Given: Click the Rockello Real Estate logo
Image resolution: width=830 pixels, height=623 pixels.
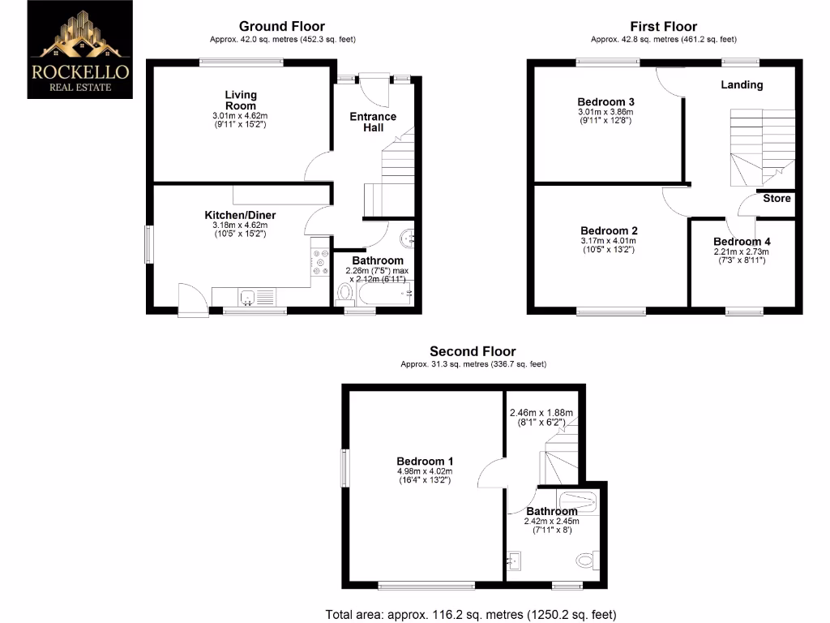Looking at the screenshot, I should click(79, 49).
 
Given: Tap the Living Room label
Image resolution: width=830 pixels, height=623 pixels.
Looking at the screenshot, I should click(240, 101).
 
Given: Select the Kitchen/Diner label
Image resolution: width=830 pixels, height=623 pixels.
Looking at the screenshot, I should click(240, 215).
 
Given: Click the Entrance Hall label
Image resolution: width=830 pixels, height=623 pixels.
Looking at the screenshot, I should click(373, 122).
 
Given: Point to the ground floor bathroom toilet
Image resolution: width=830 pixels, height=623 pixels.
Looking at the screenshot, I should click(344, 292).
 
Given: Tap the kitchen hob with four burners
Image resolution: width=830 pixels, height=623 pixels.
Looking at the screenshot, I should click(319, 260).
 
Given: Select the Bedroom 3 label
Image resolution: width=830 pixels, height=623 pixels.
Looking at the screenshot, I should click(605, 101).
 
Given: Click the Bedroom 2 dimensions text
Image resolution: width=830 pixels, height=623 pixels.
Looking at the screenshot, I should click(607, 245).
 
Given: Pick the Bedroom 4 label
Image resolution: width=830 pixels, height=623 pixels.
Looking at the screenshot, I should click(742, 242).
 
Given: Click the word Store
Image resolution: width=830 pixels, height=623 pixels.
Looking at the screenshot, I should click(777, 199).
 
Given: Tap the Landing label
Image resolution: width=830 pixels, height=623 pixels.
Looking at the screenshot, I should click(742, 84).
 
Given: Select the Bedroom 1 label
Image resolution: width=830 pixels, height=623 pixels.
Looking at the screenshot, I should click(425, 462).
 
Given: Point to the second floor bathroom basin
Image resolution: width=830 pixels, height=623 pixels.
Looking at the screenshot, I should click(516, 559).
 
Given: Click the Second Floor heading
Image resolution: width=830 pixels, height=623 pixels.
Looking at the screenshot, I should click(473, 351).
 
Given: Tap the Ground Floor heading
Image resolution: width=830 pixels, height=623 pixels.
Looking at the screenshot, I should click(282, 27).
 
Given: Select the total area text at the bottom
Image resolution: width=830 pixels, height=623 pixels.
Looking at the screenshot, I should click(476, 614).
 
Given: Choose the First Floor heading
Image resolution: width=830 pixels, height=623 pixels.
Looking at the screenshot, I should click(663, 27).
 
